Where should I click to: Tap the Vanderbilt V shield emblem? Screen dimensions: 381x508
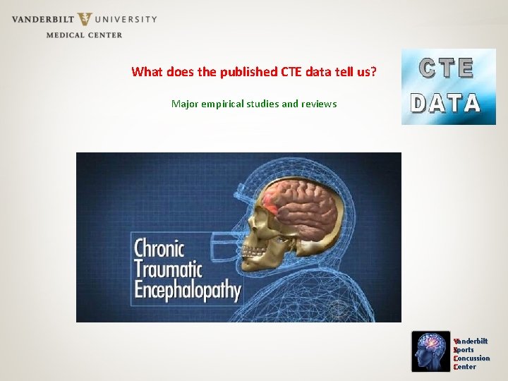[x=85, y=20]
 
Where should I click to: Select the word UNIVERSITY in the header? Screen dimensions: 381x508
[x=128, y=19]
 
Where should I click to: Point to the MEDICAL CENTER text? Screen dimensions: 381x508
[x=84, y=35]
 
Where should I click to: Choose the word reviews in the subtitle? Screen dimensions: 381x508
[x=319, y=104]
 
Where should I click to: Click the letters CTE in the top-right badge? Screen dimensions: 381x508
[x=447, y=68]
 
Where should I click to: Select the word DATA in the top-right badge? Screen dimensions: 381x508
[x=447, y=104]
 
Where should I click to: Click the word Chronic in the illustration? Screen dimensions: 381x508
[x=159, y=248]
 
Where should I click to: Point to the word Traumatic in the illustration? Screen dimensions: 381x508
[x=168, y=269]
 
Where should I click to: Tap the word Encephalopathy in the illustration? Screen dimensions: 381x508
[x=188, y=290]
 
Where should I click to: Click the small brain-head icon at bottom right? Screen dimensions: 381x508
[x=430, y=351]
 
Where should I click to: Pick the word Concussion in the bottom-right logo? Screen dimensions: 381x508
[x=473, y=358]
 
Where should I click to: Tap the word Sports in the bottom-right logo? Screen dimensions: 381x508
[x=464, y=350]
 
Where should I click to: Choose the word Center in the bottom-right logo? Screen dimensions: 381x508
[x=466, y=367]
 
